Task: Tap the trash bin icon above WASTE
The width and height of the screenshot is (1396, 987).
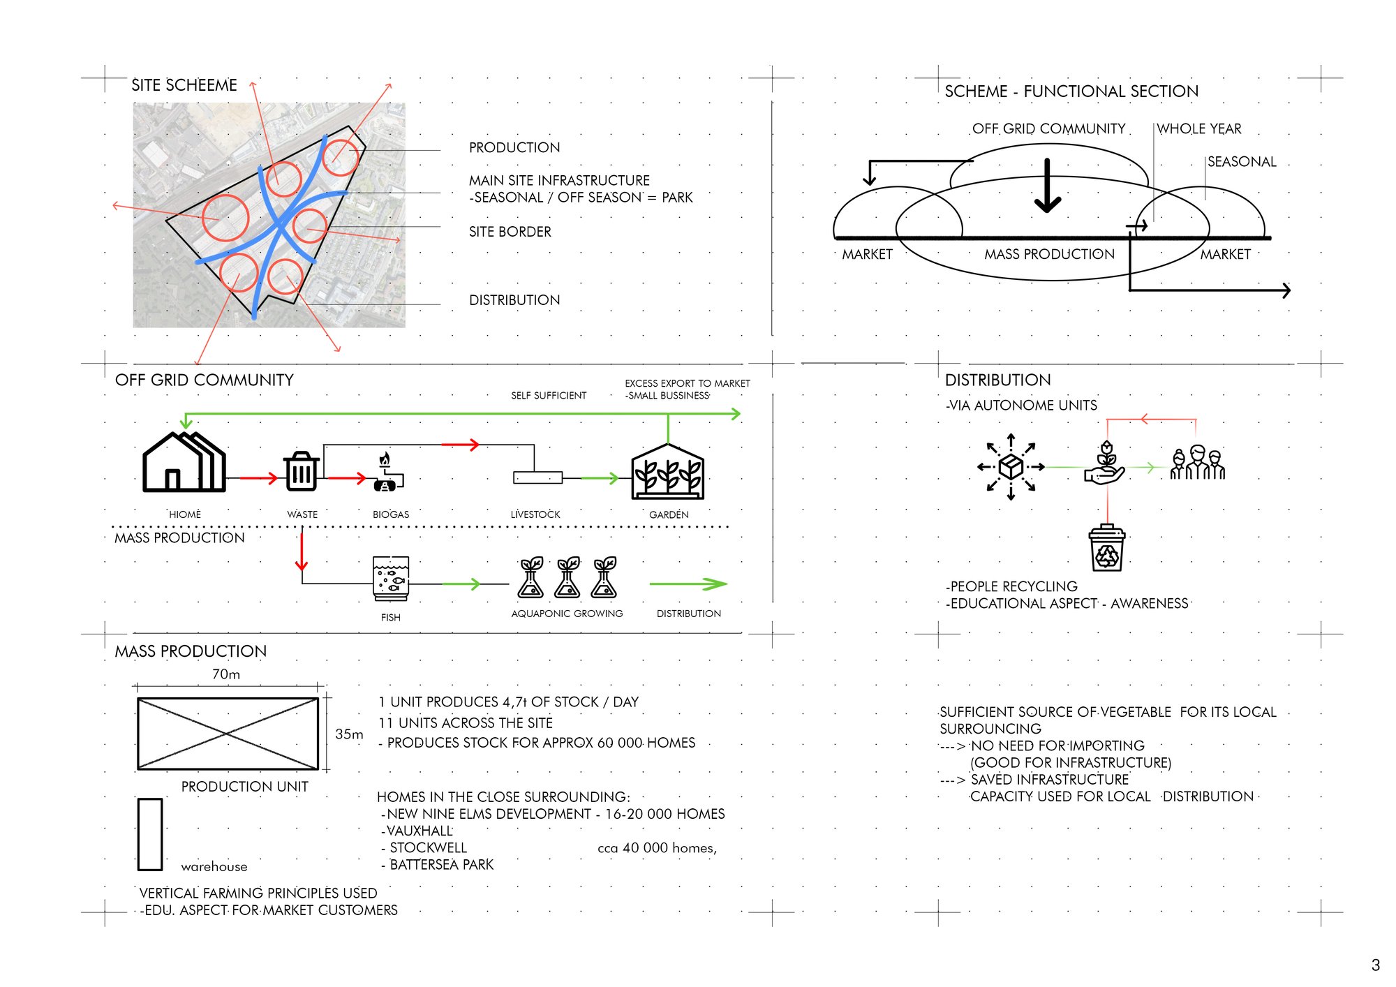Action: (x=302, y=471)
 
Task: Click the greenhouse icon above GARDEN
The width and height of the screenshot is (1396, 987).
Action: (x=667, y=472)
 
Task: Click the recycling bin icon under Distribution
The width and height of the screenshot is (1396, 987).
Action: (x=1107, y=548)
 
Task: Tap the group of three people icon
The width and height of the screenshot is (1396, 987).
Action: (x=1198, y=463)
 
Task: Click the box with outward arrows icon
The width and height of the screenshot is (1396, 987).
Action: (x=1011, y=466)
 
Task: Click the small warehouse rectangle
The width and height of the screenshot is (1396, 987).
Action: (x=150, y=835)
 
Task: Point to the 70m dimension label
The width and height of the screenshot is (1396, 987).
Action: (x=226, y=674)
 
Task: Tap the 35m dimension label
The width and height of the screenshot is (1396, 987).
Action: (x=349, y=734)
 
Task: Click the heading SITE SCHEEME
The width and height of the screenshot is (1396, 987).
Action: (x=184, y=85)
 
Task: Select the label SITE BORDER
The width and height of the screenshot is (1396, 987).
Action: (x=510, y=232)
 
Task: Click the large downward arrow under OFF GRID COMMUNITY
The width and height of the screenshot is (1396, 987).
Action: (x=1048, y=186)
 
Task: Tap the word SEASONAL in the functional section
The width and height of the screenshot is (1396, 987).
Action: (x=1242, y=162)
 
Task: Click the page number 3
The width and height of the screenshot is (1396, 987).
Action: (x=1375, y=965)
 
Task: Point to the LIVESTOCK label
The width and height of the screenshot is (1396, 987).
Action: (x=535, y=514)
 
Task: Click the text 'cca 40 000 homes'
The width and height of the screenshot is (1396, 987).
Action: (x=658, y=848)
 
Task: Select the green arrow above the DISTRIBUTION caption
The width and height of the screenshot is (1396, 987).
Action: (x=688, y=584)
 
